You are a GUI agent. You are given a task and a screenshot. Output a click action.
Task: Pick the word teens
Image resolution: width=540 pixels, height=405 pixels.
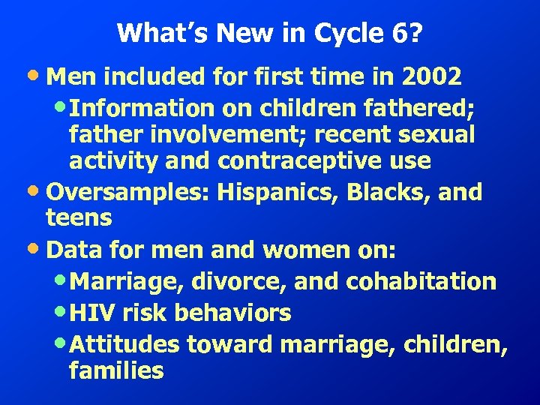pos(79,218)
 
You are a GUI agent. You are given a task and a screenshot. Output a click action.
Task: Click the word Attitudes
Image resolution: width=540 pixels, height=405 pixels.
pos(128,344)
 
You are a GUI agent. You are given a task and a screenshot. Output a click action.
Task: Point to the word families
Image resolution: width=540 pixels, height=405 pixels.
pos(115,371)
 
